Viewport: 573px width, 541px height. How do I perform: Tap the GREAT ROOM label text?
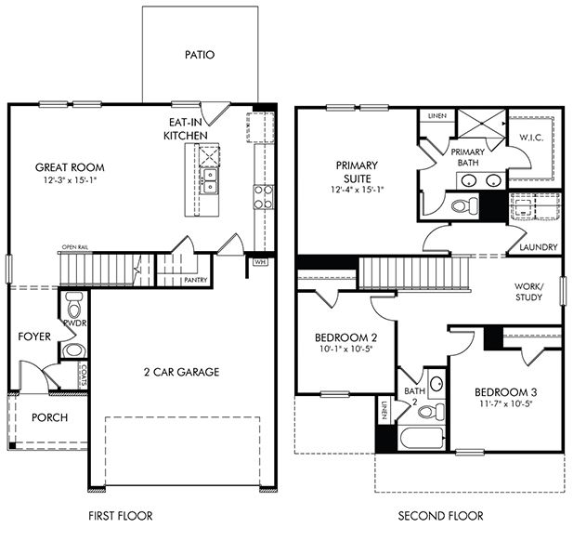click(x=70, y=167)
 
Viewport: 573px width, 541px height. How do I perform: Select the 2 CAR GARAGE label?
click(x=182, y=372)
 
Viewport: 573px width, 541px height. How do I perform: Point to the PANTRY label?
click(x=195, y=280)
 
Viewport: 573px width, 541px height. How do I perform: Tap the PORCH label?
click(x=49, y=417)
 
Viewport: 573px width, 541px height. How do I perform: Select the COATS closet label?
click(x=83, y=375)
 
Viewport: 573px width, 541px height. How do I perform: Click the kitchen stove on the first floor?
click(x=264, y=195)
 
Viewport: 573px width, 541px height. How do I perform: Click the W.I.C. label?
click(x=531, y=137)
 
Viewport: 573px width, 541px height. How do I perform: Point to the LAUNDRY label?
click(x=539, y=247)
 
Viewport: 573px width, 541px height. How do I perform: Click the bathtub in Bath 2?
click(x=419, y=437)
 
